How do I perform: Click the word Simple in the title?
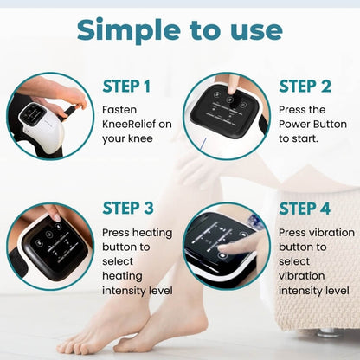tap(127, 30)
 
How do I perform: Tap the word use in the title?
tap(251, 30)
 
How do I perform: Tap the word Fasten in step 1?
tap(119, 110)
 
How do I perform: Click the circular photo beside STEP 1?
tap(50, 116)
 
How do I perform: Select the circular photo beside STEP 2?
tap(227, 116)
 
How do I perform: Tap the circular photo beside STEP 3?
tap(50, 246)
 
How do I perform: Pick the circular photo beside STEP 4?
tap(227, 246)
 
